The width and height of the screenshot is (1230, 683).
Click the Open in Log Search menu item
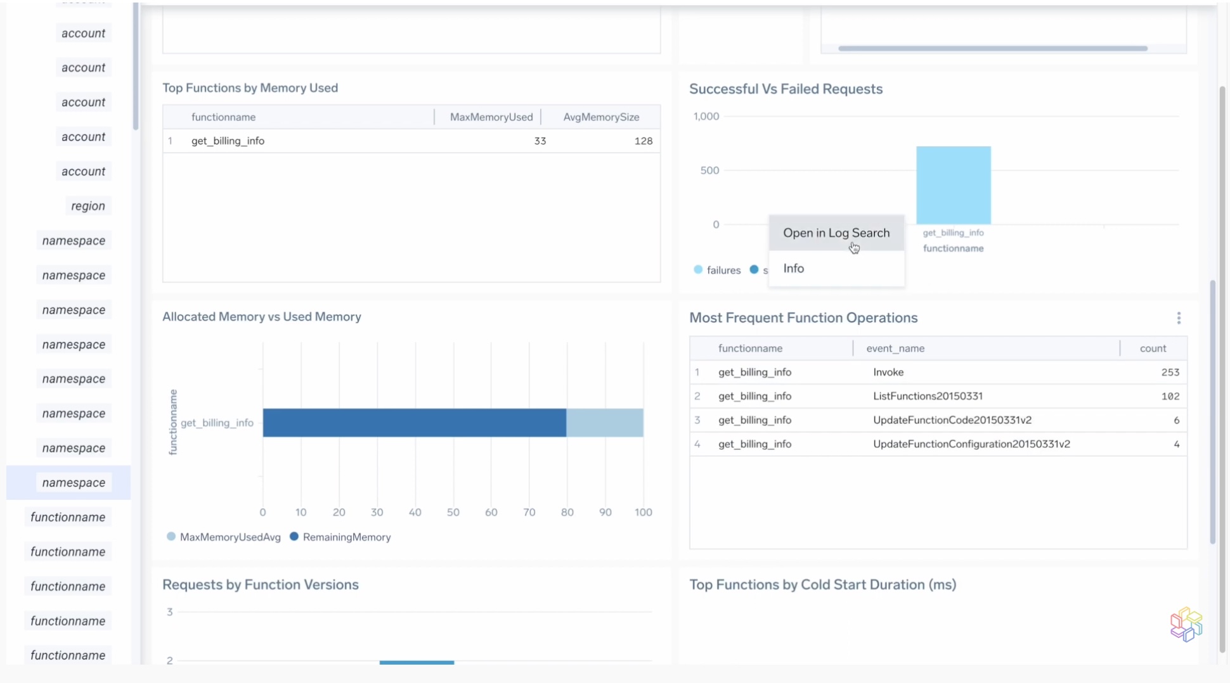tap(836, 233)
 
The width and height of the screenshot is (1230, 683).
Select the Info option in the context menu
tap(793, 269)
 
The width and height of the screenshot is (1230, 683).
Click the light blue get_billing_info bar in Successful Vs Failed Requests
tap(953, 185)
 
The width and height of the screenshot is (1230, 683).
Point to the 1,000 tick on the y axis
tap(706, 117)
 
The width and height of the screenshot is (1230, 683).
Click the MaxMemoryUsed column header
tap(491, 117)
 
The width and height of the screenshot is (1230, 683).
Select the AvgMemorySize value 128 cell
tap(643, 141)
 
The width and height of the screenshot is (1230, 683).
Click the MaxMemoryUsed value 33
tap(540, 141)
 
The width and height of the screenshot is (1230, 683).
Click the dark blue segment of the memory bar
tap(414, 423)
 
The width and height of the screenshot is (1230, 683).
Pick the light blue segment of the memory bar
tap(604, 423)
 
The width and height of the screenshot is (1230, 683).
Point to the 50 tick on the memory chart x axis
tap(453, 513)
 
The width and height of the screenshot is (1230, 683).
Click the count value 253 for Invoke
tap(1170, 373)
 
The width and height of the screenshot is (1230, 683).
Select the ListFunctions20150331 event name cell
tap(928, 396)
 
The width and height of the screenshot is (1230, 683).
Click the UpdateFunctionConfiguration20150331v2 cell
tap(971, 444)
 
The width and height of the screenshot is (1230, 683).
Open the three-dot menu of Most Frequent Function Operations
tap(1179, 318)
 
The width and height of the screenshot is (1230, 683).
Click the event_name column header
tap(895, 348)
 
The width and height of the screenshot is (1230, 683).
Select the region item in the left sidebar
tap(88, 206)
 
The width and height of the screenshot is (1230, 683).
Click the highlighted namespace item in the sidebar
tap(74, 483)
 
